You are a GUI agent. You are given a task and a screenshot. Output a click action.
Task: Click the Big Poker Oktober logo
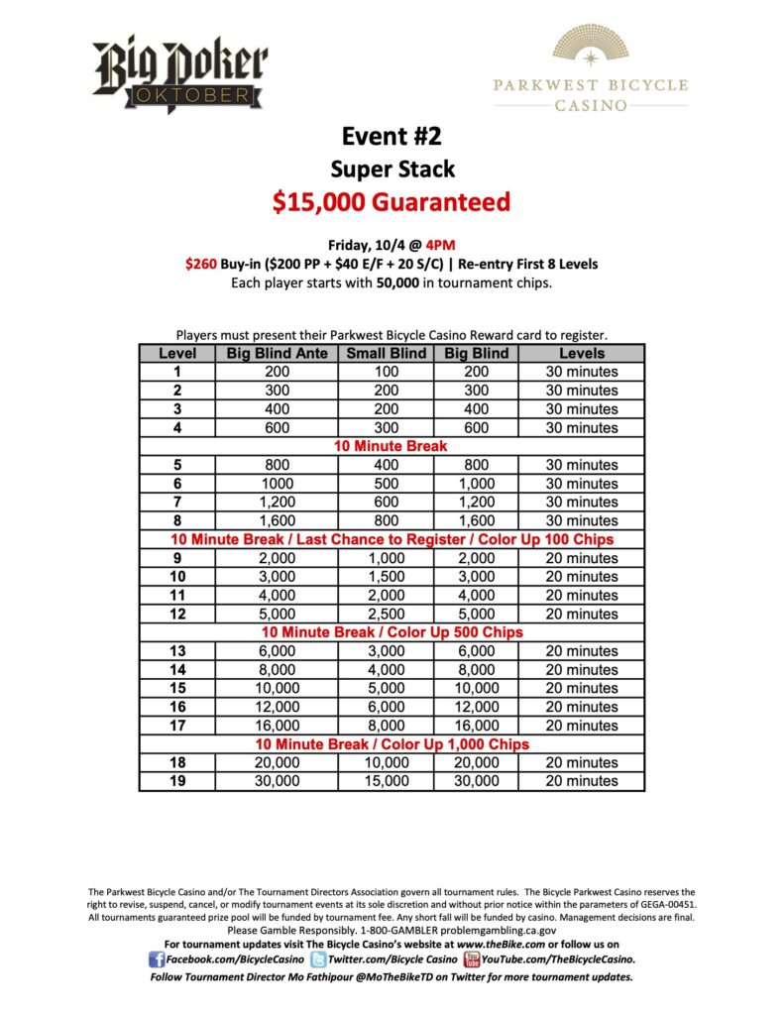[x=180, y=73]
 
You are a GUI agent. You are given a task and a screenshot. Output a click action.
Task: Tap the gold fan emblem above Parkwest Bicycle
[x=590, y=46]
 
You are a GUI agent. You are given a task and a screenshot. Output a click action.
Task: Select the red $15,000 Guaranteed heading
[x=392, y=202]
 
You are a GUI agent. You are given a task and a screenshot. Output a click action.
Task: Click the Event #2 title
[x=392, y=136]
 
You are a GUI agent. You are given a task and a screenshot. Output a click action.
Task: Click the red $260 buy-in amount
[x=203, y=264]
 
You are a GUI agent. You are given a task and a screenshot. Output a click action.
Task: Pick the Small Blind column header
[x=386, y=353]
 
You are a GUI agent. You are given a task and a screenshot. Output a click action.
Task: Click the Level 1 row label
[x=177, y=372]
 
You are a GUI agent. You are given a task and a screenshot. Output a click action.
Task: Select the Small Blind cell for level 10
[x=386, y=577]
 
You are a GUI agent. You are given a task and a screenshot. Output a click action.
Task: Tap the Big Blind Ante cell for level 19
[x=277, y=781]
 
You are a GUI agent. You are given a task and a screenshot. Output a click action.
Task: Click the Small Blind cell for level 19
[x=386, y=781]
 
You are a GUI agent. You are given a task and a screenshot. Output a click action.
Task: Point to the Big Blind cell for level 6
[x=476, y=484]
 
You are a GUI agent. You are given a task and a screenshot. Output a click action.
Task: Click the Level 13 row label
[x=177, y=651]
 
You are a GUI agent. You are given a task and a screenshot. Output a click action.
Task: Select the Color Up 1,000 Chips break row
[x=392, y=744]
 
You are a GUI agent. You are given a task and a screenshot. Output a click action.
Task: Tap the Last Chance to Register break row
[x=392, y=540]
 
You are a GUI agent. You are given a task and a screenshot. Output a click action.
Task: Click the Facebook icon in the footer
[x=156, y=959]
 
